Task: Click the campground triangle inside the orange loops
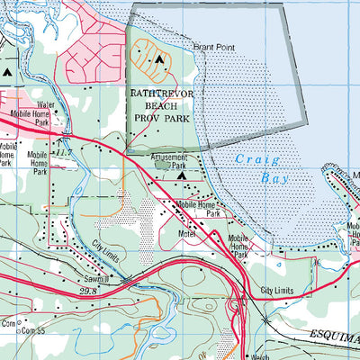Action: tap(159, 60)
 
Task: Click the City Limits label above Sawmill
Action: tap(112, 244)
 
